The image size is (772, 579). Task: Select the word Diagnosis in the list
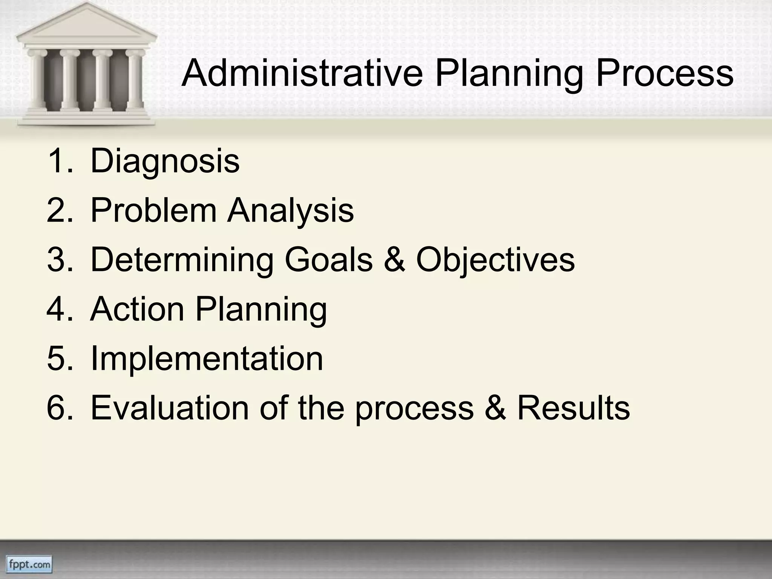coord(165,161)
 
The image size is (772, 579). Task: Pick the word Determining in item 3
coord(182,260)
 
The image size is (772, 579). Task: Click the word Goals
coord(328,260)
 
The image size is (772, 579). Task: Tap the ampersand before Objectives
coord(394,260)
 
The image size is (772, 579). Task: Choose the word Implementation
coord(207,359)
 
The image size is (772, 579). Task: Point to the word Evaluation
coord(170,408)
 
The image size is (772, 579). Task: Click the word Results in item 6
coord(573,408)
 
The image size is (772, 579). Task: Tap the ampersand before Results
coord(495,408)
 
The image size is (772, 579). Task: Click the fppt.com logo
coord(30,564)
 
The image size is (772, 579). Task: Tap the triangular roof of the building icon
coord(86,26)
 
